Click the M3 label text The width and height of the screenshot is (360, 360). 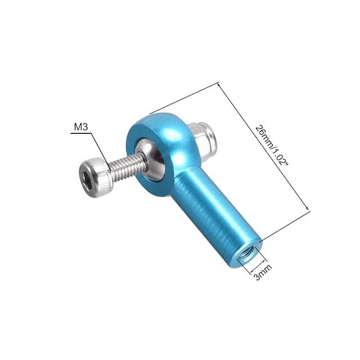pyautogui.click(x=81, y=127)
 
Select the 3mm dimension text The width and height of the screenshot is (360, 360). pyautogui.click(x=263, y=272)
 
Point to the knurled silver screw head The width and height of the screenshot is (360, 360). pyautogui.click(x=96, y=177)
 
